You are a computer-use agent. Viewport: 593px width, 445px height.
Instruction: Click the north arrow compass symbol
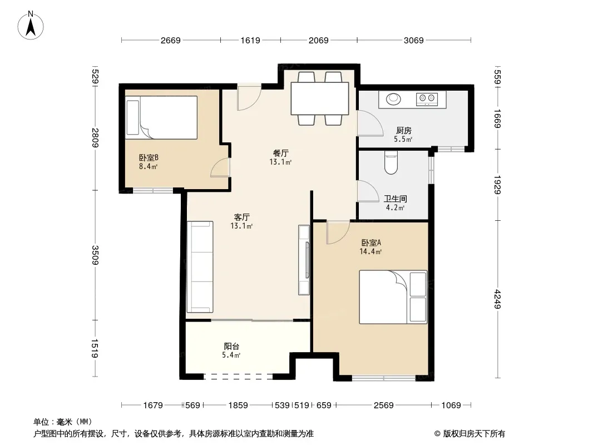click(x=31, y=26)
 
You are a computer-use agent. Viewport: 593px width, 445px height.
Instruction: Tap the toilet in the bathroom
click(x=391, y=162)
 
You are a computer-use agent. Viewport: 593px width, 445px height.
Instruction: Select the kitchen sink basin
click(x=393, y=98)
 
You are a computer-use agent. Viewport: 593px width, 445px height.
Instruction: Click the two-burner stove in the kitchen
click(x=427, y=99)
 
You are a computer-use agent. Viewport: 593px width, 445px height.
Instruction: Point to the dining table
click(x=319, y=98)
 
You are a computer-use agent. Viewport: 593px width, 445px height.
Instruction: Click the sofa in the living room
click(x=200, y=266)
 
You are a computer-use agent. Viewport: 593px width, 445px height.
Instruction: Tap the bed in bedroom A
click(x=393, y=297)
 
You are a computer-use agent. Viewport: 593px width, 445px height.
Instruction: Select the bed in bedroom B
click(x=161, y=117)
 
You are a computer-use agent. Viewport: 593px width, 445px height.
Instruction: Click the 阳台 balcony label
click(x=231, y=346)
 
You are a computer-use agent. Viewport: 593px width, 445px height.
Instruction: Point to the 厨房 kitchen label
click(x=403, y=130)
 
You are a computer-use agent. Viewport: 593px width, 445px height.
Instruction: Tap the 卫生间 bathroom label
click(x=395, y=199)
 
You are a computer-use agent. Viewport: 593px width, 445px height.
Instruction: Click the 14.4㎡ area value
click(x=370, y=251)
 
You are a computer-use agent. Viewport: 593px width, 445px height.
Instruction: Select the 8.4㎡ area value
click(x=148, y=166)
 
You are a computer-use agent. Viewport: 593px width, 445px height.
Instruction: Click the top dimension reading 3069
click(x=413, y=40)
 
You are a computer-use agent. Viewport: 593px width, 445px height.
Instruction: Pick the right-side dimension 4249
click(x=497, y=299)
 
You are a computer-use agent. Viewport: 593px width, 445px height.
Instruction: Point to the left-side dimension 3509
click(x=95, y=255)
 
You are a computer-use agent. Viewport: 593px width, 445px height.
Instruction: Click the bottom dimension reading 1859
click(x=238, y=406)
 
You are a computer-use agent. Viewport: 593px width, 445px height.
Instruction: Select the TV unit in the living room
click(x=304, y=260)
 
